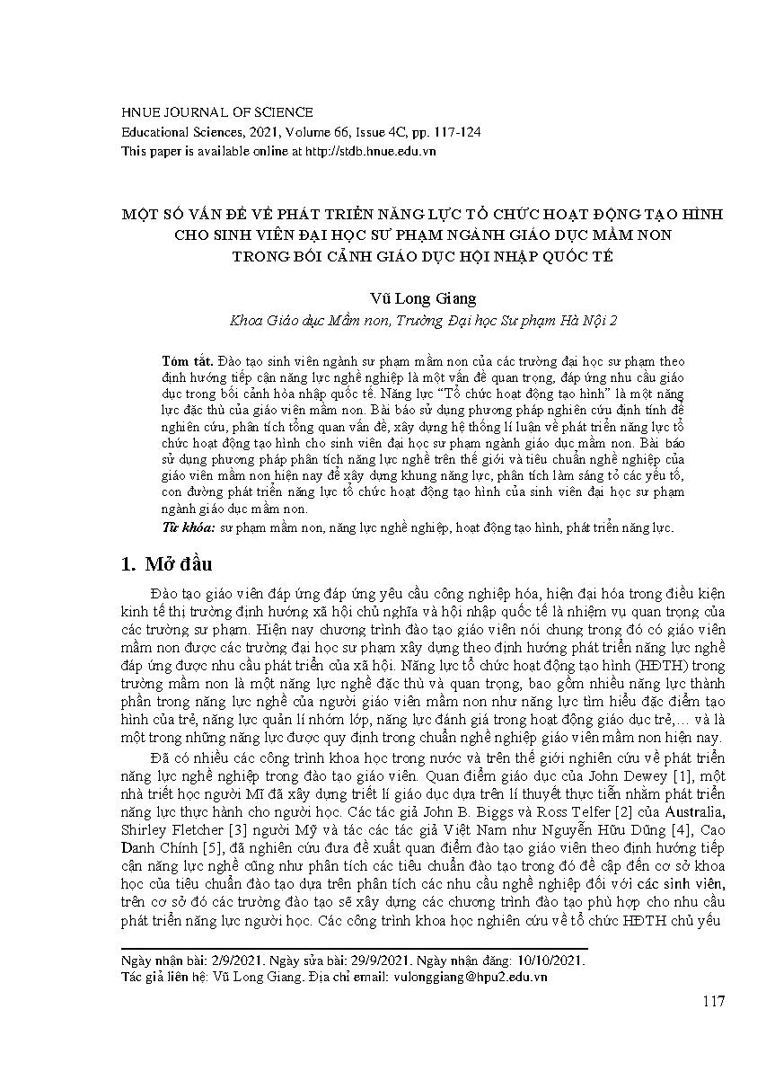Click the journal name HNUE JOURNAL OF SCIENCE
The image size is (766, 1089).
coord(217,112)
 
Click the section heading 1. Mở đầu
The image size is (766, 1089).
coord(167,564)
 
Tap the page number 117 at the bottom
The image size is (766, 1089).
coord(713,1002)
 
